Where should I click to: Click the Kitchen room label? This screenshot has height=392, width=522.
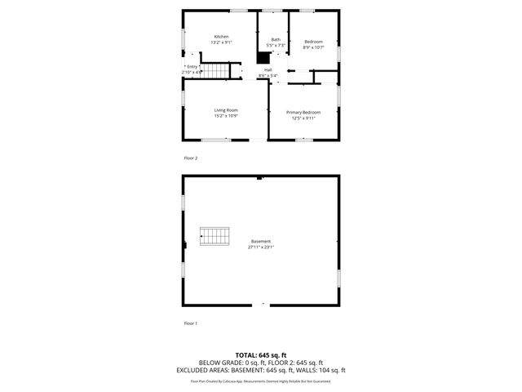(x=221, y=36)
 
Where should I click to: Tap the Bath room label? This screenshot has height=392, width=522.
(x=276, y=39)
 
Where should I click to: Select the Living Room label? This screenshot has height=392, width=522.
(x=226, y=110)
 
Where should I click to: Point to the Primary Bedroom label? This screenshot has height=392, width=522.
(x=303, y=112)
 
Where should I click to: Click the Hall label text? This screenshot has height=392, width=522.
(x=268, y=70)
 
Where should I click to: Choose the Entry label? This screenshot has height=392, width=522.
(x=192, y=66)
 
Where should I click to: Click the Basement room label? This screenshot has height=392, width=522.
(x=261, y=241)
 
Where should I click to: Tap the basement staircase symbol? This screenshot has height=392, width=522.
(x=216, y=237)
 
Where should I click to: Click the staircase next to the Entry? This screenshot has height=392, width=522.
(x=214, y=72)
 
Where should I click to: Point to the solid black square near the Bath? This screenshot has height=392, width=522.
(x=263, y=58)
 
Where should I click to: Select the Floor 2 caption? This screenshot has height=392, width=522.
(x=190, y=158)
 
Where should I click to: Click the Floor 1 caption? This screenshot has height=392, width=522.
(x=190, y=323)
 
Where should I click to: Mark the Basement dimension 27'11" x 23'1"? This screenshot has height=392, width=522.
(x=261, y=247)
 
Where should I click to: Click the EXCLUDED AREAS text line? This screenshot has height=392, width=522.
(x=261, y=370)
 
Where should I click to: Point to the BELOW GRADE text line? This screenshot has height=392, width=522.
(x=261, y=363)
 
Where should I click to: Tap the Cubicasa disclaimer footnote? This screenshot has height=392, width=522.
(x=261, y=381)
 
